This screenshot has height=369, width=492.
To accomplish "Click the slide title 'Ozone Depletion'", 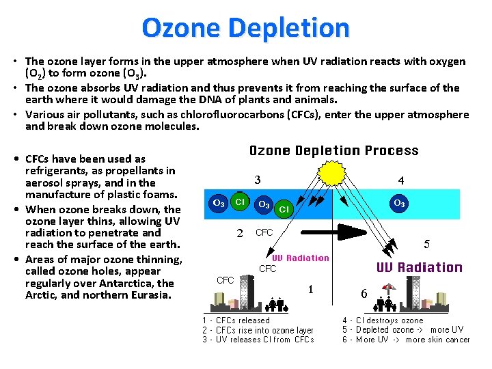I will click(x=245, y=28).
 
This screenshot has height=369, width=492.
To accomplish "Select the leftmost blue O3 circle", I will click(x=219, y=203).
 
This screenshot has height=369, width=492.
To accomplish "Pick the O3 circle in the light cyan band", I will click(x=399, y=203).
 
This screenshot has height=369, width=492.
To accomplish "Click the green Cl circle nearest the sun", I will click(x=283, y=208).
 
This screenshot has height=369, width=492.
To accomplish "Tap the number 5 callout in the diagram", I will click(x=427, y=244).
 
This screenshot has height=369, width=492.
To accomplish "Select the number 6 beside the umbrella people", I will click(x=364, y=293).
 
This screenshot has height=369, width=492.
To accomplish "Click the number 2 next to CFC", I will click(x=240, y=233).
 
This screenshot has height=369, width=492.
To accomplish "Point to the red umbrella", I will click(x=388, y=288).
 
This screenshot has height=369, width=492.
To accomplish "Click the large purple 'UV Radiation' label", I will click(x=420, y=267).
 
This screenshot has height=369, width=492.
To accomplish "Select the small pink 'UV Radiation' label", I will click(x=301, y=258).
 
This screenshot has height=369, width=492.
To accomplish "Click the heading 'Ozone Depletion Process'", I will click(x=333, y=150).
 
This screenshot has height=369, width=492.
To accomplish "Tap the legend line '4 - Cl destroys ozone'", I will click(x=383, y=320).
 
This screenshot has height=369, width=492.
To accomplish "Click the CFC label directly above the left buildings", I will click(x=225, y=280).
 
